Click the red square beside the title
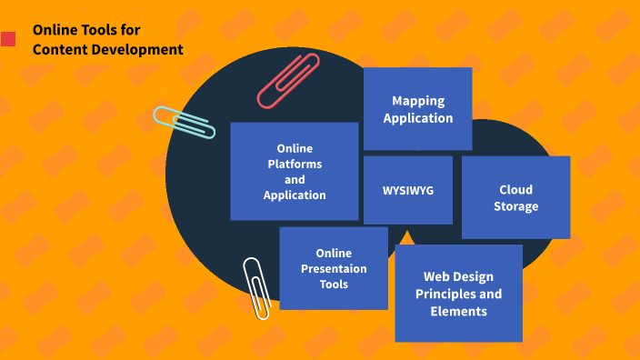coord(8,39)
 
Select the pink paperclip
coord(288,80)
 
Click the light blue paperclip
coord(184,122)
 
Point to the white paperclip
coord(256,287)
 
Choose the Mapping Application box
coord(417,108)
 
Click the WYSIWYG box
coord(408,190)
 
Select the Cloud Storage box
coord(515,197)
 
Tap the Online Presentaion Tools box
coord(334,268)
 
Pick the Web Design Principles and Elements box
coord(458,293)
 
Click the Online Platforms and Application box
coord(295,171)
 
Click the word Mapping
coord(418,100)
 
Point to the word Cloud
coord(515,189)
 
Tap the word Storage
coord(515,206)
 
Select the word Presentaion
coord(334,268)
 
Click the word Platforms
coord(295,164)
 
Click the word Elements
coord(458,311)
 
